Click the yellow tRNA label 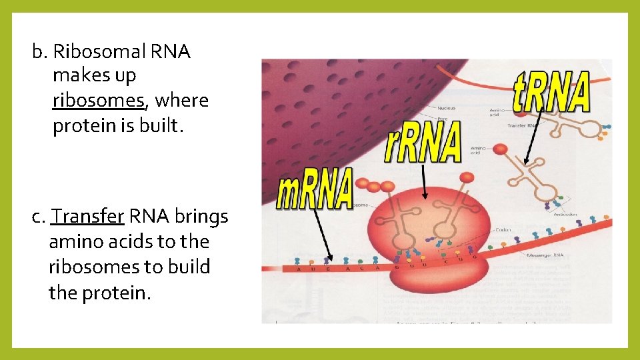coord(551,93)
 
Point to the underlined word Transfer coord(88,217)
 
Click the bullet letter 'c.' coord(39,217)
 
